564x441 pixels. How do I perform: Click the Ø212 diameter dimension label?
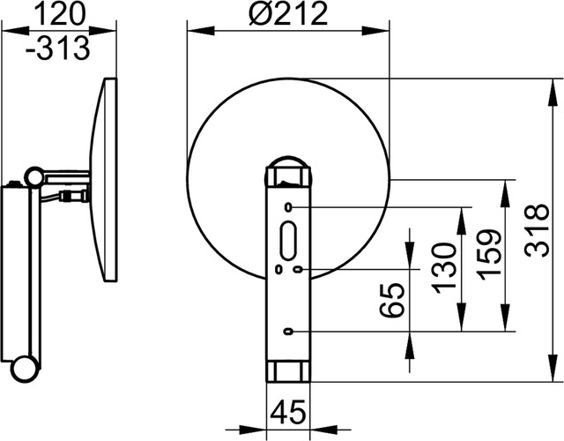coord(288,14)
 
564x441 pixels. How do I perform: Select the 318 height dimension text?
coord(537,230)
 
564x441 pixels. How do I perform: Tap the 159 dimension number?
coord(489,255)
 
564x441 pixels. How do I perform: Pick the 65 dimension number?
coord(393,300)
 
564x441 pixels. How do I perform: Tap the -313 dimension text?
coord(57,48)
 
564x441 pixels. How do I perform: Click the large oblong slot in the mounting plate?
coord(288,240)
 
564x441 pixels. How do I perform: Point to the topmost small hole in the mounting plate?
coord(288,207)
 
